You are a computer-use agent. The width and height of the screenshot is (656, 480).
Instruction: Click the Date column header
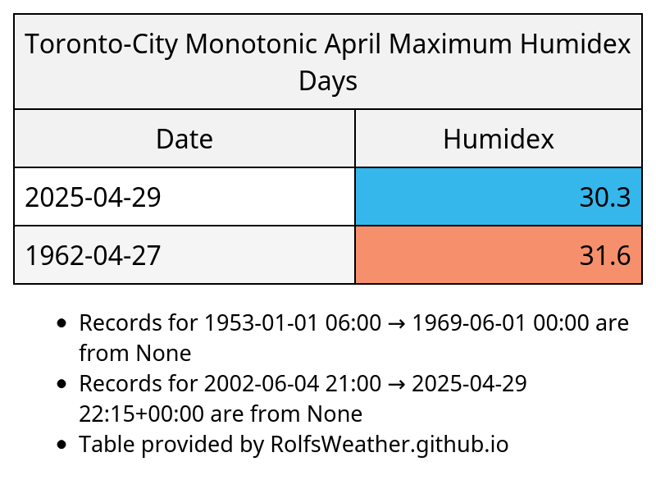(184, 139)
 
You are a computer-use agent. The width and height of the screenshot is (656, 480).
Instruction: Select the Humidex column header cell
(499, 139)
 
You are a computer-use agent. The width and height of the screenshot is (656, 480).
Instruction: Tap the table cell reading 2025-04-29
(184, 197)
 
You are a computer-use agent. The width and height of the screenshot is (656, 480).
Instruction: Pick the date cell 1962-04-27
(184, 255)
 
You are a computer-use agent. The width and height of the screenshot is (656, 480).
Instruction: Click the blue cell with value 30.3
(499, 197)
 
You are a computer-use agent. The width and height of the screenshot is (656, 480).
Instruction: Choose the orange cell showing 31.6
(499, 255)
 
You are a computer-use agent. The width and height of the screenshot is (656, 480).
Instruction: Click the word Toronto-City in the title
(101, 44)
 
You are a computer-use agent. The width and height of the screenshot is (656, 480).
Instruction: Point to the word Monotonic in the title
(251, 43)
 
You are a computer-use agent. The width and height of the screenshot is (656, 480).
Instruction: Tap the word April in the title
(353, 44)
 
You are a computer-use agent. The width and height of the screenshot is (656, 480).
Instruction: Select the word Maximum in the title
(450, 43)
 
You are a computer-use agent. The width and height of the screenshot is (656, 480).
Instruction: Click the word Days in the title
(328, 80)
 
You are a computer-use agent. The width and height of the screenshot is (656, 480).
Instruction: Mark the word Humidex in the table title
(576, 43)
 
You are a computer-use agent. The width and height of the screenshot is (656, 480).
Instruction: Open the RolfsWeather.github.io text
(389, 445)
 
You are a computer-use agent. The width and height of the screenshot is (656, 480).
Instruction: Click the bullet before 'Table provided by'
(61, 445)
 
